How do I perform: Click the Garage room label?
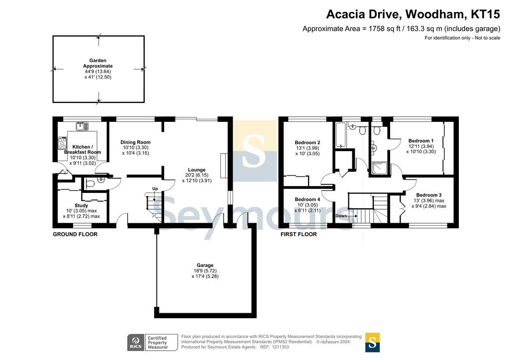tap(205, 265)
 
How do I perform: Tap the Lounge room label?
tap(197, 170)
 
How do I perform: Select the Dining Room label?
tap(135, 142)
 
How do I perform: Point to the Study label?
tap(81, 205)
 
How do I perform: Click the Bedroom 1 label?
tap(421, 141)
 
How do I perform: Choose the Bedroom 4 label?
tap(307, 199)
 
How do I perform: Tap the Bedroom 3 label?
tap(429, 195)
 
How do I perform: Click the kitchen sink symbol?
tap(82, 126)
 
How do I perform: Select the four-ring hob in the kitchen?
tap(62, 143)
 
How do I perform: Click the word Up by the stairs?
tap(155, 188)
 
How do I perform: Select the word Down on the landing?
tap(341, 216)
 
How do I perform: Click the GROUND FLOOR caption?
tap(75, 234)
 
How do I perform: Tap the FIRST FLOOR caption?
tap(299, 234)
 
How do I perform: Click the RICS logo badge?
tap(136, 343)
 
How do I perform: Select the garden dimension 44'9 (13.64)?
tap(98, 72)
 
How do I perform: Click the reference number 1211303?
tap(279, 347)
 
